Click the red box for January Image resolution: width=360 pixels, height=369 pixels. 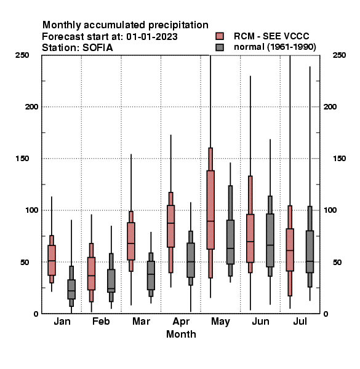pos(52,260)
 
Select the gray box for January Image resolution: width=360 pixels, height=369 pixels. pos(71,289)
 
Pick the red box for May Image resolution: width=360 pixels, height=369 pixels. pos(210,210)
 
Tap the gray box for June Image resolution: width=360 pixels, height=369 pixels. pos(270,240)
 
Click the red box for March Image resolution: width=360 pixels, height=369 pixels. pos(131,241)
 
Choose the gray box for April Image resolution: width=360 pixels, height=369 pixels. pos(191,260)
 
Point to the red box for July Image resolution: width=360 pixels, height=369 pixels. pos(290,250)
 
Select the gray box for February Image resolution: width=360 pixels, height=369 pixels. pos(111,281)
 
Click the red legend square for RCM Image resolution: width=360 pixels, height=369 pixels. pos(220,36)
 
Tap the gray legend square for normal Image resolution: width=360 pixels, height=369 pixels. pos(220,47)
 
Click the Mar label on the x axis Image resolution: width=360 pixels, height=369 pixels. pos(141,321)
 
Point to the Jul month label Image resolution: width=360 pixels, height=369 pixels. pos(300,321)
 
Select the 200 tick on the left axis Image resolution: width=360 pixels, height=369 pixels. pos(31,107)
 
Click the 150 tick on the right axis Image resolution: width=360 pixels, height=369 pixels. pos(339,159)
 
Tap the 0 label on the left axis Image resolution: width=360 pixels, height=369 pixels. pos(36,314)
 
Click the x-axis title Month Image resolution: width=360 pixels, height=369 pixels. pos(181,334)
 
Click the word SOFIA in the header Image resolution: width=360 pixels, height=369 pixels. pos(97,48)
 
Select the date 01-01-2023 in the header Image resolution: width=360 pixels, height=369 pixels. pos(152,37)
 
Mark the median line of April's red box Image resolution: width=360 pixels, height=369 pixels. pos(170,223)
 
